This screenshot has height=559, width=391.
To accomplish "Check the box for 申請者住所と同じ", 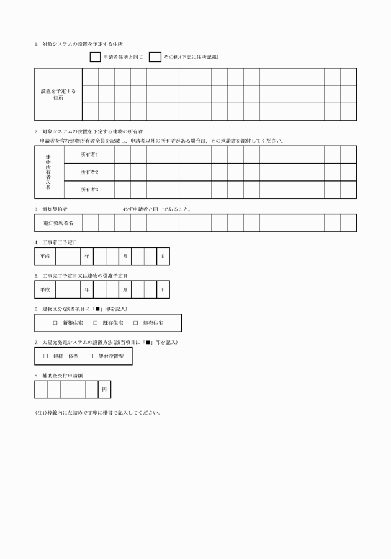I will (x=96, y=57).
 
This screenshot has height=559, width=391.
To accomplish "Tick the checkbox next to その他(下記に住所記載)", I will (x=155, y=57).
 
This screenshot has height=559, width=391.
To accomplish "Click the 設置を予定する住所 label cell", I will (x=58, y=94).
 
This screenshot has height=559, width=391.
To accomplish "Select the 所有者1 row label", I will (x=89, y=154).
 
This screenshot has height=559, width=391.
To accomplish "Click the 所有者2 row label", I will (x=89, y=172).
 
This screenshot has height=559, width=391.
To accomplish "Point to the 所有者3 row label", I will (x=89, y=189).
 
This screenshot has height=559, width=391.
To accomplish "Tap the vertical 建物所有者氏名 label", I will (x=48, y=172).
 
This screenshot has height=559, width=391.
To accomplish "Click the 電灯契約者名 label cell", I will (x=58, y=222).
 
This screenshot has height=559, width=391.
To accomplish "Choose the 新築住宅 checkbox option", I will (x=55, y=323).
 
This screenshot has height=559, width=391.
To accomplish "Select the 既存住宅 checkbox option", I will (x=96, y=323).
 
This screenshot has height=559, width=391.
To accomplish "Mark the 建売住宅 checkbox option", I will (x=136, y=323).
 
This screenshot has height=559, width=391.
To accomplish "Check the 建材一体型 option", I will (x=46, y=356).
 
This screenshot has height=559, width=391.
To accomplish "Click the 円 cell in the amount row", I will (x=104, y=390).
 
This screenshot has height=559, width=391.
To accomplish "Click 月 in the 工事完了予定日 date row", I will (x=125, y=289).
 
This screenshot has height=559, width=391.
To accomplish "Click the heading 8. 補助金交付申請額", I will (x=60, y=375).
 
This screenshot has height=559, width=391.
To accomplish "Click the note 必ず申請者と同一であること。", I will (x=156, y=209).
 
